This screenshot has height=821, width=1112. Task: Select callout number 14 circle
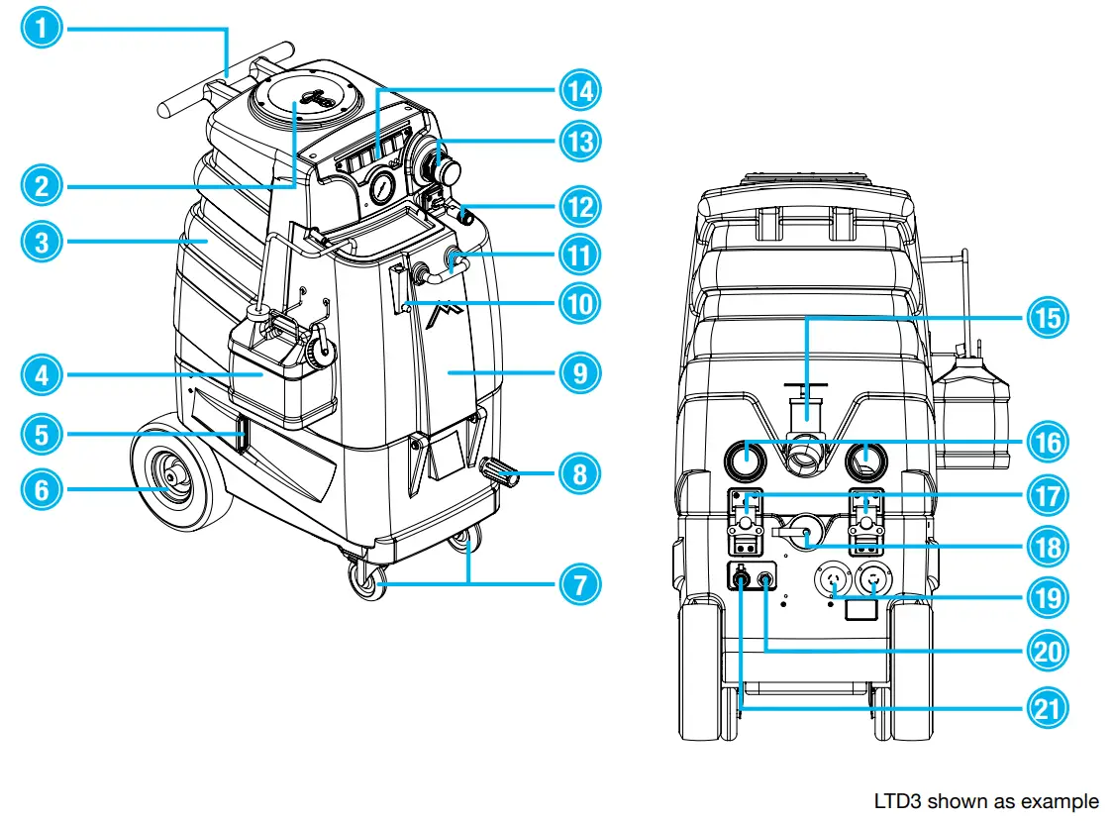[x=579, y=90]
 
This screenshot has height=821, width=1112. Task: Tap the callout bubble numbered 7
[x=579, y=583]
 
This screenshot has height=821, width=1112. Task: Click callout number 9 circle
[x=579, y=371]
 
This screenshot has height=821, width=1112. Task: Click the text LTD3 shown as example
[x=985, y=800]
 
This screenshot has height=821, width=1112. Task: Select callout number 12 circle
[x=579, y=207]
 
